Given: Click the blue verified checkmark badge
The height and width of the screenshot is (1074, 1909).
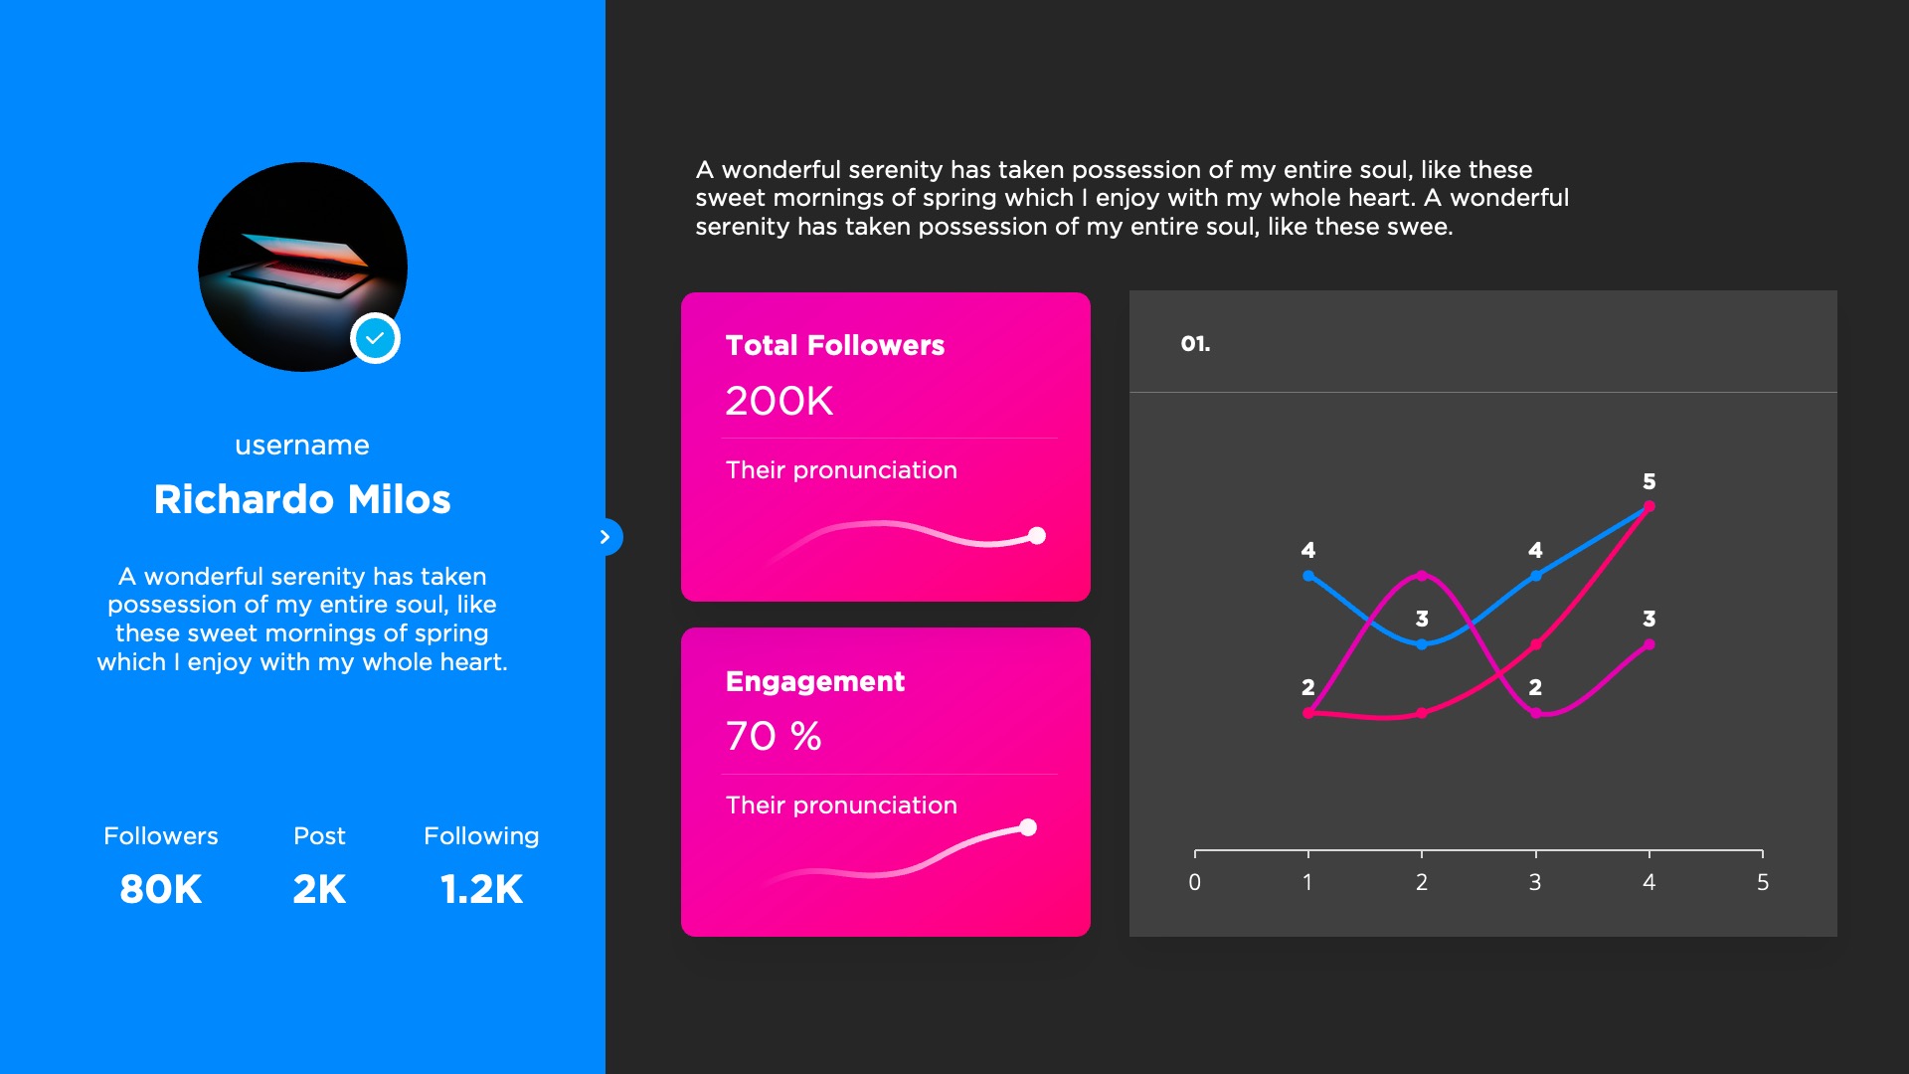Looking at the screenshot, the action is pyautogui.click(x=375, y=339).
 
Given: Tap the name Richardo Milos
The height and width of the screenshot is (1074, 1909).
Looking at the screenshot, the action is pyautogui.click(x=302, y=499).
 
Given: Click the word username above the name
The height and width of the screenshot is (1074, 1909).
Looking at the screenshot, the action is pyautogui.click(x=302, y=446).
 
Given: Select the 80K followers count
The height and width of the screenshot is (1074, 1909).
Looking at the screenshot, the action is pyautogui.click(x=161, y=889).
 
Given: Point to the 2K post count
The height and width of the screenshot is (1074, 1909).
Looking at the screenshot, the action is pyautogui.click(x=319, y=889).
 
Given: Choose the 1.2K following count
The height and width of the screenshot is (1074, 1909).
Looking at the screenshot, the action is pyautogui.click(x=481, y=889).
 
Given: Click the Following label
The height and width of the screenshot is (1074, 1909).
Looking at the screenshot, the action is pyautogui.click(x=481, y=836).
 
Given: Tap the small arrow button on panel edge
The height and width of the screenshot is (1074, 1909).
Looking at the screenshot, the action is pyautogui.click(x=606, y=537).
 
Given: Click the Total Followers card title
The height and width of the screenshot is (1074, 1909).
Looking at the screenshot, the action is pyautogui.click(x=835, y=345).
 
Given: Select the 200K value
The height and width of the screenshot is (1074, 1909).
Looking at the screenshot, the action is pyautogui.click(x=780, y=401).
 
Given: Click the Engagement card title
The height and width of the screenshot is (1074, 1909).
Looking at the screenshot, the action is pyautogui.click(x=815, y=681).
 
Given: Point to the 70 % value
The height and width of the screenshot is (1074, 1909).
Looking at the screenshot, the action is pyautogui.click(x=774, y=736).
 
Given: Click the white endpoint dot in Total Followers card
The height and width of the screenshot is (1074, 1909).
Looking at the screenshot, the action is pyautogui.click(x=1037, y=536).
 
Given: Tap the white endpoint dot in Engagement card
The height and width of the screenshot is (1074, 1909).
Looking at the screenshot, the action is pyautogui.click(x=1028, y=827).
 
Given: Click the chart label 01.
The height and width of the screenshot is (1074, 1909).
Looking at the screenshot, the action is pyautogui.click(x=1195, y=344).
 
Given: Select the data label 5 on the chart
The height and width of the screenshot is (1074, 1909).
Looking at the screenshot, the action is pyautogui.click(x=1649, y=481).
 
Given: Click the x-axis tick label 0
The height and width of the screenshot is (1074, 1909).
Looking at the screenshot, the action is pyautogui.click(x=1195, y=882).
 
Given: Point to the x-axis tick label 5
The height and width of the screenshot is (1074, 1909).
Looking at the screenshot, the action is pyautogui.click(x=1763, y=882).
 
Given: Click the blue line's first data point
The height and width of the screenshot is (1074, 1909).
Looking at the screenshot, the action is pyautogui.click(x=1308, y=576).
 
